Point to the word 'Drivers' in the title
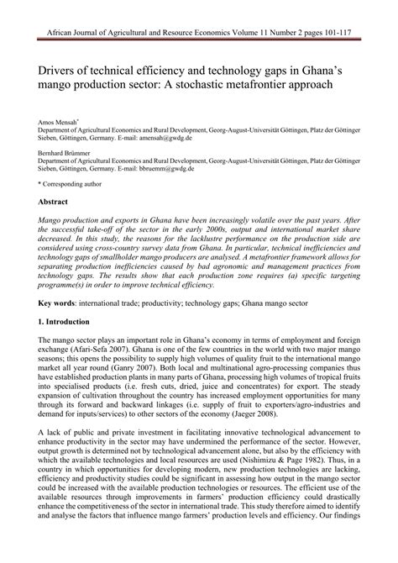coord(60,68)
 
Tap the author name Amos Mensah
coord(62,122)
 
